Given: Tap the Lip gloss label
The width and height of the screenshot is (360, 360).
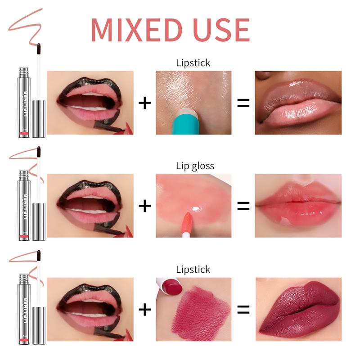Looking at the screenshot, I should click(x=194, y=166).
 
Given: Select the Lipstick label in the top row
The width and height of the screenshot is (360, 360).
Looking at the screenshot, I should click(x=193, y=63).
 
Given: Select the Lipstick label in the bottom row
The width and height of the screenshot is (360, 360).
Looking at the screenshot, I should click(x=193, y=270).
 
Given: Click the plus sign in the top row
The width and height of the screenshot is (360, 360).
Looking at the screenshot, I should click(x=144, y=103).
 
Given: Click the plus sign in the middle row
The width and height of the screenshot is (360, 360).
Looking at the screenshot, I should click(x=144, y=206).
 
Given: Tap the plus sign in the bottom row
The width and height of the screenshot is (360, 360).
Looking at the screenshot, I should click(x=144, y=309).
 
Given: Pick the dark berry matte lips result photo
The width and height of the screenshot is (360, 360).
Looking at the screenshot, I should click(x=297, y=309).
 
